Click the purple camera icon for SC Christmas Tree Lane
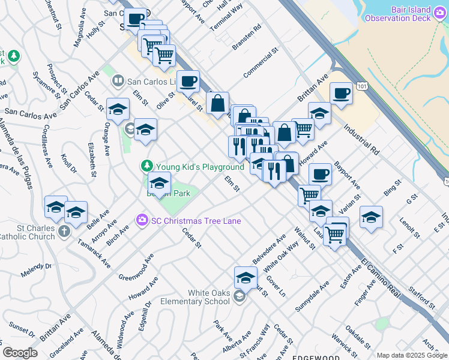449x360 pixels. coord(142,221)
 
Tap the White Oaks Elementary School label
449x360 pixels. coord(200,297)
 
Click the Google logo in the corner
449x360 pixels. coord(20,353)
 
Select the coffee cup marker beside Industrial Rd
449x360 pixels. coord(341,94)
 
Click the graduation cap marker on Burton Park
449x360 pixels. coord(159,183)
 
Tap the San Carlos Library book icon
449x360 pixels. coord(118,80)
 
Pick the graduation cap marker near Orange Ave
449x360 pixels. coord(118,109)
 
